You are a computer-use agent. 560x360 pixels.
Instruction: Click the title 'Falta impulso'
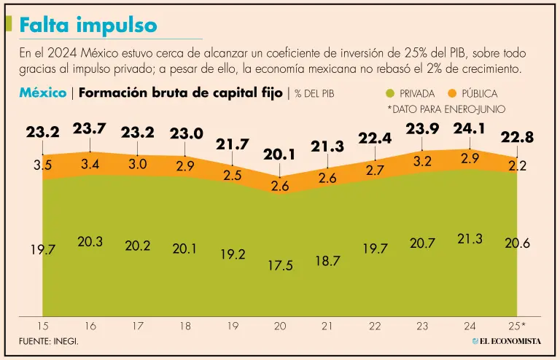pos(88,26)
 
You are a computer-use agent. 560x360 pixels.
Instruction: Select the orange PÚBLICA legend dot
pos(451,94)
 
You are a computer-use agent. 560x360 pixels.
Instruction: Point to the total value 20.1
pos(280,154)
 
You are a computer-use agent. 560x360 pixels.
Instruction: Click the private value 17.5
pos(280,265)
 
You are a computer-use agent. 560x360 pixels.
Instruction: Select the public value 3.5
pos(42,165)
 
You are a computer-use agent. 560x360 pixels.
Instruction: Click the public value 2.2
pos(518,166)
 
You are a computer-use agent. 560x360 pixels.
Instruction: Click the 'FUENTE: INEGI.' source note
pos(49,341)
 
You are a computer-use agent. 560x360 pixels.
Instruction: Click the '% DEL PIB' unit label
pos(314,94)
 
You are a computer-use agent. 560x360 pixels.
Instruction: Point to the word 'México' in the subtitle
pos(42,93)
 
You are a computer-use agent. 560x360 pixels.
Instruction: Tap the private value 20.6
pos(518,243)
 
